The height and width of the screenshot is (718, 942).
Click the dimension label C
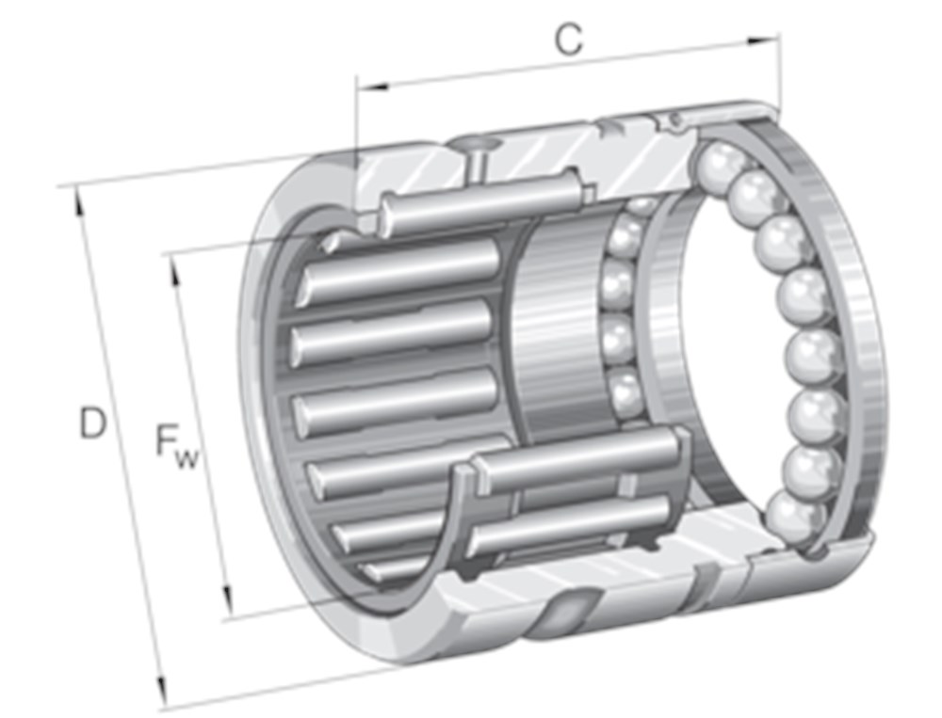pyautogui.click(x=567, y=40)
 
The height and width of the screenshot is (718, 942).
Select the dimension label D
pyautogui.click(x=91, y=424)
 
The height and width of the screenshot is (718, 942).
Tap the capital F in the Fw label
pyautogui.click(x=169, y=441)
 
